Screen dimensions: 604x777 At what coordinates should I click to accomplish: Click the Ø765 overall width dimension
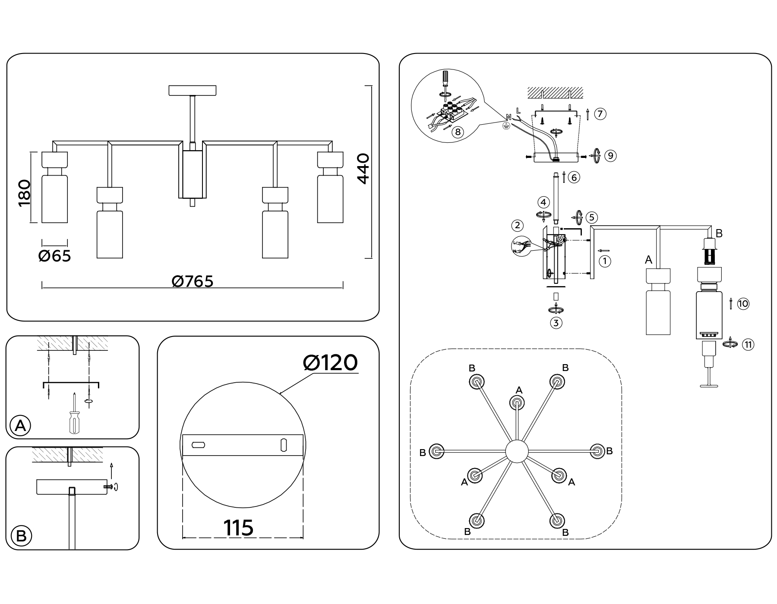pos(193,282)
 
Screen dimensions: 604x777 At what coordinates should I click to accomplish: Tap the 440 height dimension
pos(363,169)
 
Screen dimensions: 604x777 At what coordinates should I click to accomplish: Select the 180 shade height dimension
pos(25,193)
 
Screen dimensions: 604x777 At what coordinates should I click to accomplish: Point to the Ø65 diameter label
pos(54,256)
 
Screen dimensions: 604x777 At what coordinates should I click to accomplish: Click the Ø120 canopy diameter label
pos(330,363)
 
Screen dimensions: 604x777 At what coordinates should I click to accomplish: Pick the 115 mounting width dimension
pos(238,528)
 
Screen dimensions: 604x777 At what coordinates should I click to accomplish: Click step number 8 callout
pos(458,132)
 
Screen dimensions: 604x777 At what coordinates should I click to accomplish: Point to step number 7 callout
pos(600,114)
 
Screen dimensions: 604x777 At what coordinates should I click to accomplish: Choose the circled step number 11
pos(749,344)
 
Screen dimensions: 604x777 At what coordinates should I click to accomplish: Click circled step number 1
pos(605,261)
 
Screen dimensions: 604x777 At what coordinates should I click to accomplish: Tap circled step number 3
pos(556,323)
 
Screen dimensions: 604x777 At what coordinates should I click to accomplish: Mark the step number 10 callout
pos(743,304)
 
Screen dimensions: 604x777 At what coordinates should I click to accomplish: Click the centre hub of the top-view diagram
pos(517,451)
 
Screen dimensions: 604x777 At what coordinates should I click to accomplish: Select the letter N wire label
pos(509,117)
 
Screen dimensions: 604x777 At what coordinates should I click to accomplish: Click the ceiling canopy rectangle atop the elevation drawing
pos(193,91)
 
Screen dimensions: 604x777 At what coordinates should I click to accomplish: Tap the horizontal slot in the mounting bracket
pos(199,445)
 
